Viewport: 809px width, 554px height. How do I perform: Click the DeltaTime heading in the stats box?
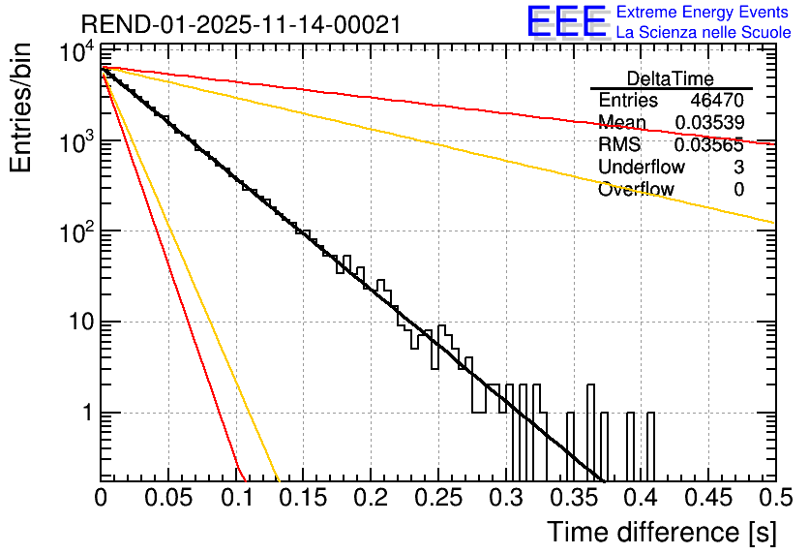(671, 78)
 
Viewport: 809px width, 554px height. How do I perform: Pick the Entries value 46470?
(717, 101)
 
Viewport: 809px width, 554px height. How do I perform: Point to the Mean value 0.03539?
(709, 123)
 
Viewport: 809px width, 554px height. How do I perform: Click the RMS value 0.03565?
(709, 145)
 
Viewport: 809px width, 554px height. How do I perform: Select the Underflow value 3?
(738, 168)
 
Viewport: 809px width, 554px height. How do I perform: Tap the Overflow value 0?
(738, 190)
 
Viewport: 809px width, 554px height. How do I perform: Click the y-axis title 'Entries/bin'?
(23, 108)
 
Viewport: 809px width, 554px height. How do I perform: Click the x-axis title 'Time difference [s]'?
(661, 532)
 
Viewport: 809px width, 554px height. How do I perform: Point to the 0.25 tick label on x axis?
(438, 498)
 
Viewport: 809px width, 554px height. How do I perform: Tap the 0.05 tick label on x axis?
(168, 498)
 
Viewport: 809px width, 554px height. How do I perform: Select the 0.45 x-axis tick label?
(708, 498)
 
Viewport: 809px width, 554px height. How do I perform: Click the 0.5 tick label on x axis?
(773, 498)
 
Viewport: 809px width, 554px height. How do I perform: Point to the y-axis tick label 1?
(84, 414)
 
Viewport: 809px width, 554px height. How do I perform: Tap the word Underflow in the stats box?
(642, 168)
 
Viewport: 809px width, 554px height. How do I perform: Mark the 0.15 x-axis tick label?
(303, 498)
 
